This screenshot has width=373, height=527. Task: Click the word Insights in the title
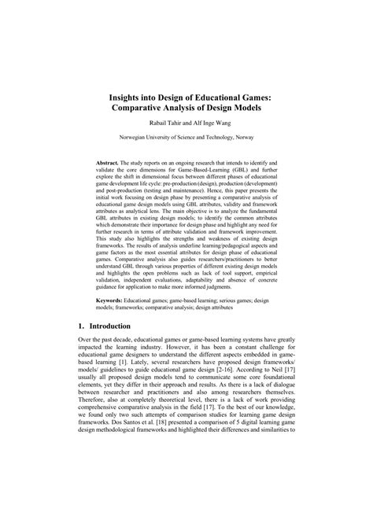(x=130, y=90)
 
